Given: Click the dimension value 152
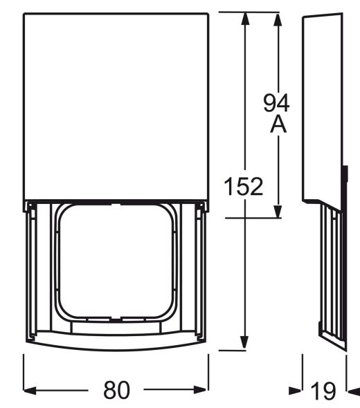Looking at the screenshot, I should [243, 186].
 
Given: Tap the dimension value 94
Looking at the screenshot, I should [276, 103].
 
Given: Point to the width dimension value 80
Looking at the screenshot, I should [116, 391].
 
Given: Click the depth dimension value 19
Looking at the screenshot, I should [323, 391].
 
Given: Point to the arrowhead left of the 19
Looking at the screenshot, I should [296, 391].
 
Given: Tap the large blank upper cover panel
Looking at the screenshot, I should [116, 104].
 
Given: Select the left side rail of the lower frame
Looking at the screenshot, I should [32, 273].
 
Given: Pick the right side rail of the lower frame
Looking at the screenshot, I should [200, 273].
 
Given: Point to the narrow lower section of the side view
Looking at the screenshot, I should [331, 277].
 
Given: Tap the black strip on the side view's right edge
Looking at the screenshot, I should [344, 183].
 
